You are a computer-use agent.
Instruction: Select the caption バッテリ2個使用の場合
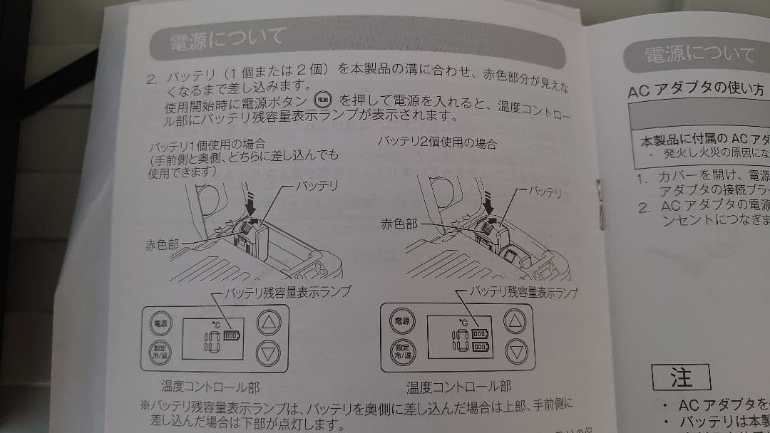coord(437,142)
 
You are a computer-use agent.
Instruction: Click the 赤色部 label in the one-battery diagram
coord(162,244)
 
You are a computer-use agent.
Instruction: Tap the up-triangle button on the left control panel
coord(269,323)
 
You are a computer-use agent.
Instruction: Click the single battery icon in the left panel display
coord(233,335)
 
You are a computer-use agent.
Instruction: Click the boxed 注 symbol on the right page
coord(681,377)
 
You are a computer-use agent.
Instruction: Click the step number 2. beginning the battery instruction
coord(152,79)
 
